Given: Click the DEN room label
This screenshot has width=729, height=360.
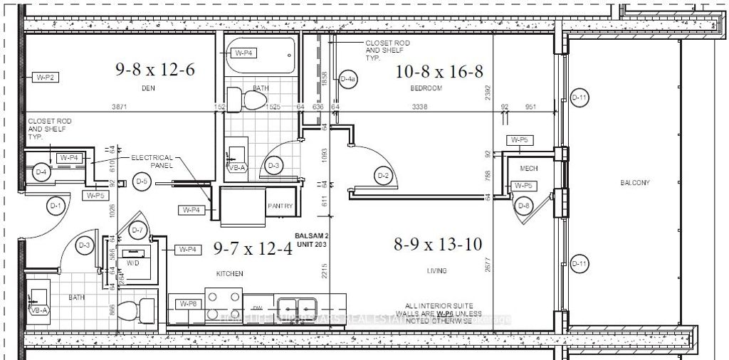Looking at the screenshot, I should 149,88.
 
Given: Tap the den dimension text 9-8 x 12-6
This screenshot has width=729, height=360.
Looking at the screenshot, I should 155,69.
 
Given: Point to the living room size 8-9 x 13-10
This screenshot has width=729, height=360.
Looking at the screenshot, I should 439,244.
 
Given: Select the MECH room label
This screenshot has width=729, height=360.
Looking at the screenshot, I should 528,169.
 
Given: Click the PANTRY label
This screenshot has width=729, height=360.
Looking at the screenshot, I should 280,206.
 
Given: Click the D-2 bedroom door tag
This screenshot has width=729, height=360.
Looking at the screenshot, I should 383,175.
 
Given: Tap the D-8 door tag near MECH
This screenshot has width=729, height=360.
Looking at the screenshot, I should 524,206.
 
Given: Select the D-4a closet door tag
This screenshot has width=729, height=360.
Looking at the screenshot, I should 347,80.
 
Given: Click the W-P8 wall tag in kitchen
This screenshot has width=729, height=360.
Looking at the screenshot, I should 188,304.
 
